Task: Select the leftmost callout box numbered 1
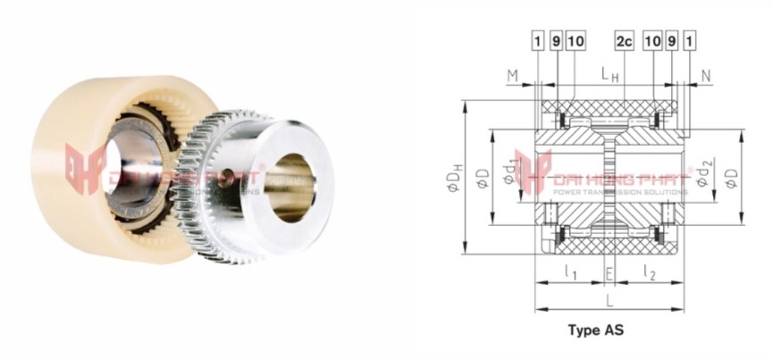point(538,41)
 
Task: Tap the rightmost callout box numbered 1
point(689,41)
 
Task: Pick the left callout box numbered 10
point(575,41)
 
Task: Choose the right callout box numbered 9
point(671,41)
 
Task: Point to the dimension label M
point(513,76)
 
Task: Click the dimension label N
point(706,76)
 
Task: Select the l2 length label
point(651,272)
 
